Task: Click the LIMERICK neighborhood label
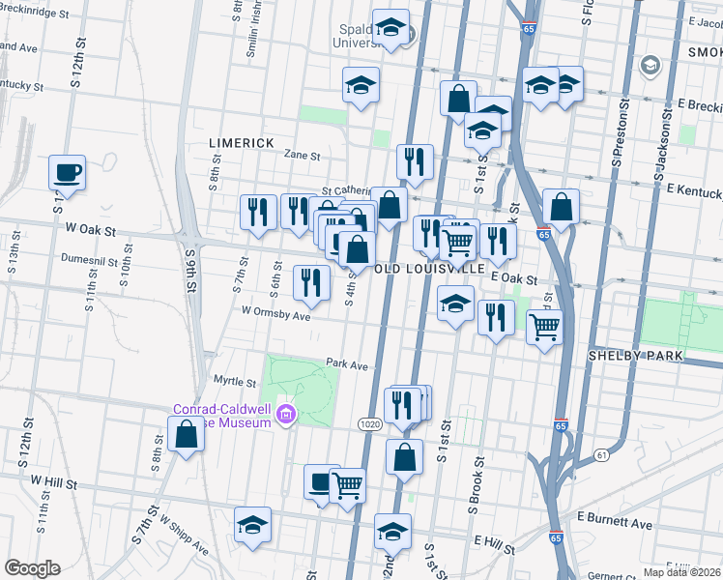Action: click(x=242, y=142)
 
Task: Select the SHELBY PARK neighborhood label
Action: click(x=635, y=356)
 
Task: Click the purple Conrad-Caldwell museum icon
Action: click(x=285, y=416)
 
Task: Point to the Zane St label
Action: click(x=302, y=155)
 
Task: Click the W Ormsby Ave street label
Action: click(x=275, y=313)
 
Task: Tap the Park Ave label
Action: click(x=347, y=365)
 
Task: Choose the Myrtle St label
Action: click(x=234, y=381)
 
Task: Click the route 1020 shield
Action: click(x=369, y=424)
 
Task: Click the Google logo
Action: click(x=32, y=568)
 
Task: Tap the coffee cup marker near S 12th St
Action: click(x=68, y=173)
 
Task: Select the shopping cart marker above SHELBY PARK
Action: click(x=545, y=328)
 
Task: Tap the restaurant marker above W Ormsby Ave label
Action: click(x=311, y=282)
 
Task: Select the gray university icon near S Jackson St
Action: click(x=651, y=66)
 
